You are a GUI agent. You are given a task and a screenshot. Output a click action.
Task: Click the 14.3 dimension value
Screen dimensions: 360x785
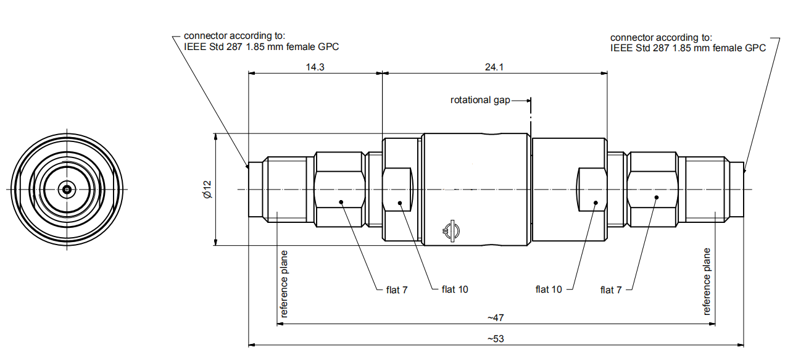click(x=315, y=67)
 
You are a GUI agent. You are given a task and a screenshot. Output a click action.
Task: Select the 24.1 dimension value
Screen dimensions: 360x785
click(x=494, y=67)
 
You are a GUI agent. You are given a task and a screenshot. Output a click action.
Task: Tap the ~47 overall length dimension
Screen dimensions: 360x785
click(x=496, y=318)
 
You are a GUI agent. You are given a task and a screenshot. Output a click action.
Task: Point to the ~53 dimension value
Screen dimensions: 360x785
click(x=496, y=339)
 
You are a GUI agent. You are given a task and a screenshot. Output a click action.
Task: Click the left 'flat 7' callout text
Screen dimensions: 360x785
click(x=397, y=289)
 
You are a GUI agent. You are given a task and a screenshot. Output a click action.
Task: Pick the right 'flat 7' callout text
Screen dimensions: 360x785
click(x=611, y=290)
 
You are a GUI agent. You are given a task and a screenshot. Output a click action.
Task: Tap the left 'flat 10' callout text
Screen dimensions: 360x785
click(x=455, y=289)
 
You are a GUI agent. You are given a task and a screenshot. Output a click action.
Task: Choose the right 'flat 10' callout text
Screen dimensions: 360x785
click(x=549, y=289)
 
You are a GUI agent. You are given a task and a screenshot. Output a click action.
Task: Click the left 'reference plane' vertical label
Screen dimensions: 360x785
click(x=284, y=283)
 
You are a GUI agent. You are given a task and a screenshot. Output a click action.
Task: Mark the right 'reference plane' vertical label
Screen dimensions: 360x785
click(x=707, y=282)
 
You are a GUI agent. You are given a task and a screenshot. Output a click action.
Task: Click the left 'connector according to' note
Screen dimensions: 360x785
click(x=261, y=41)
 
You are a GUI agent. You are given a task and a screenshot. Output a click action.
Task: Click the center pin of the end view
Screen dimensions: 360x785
click(x=66, y=189)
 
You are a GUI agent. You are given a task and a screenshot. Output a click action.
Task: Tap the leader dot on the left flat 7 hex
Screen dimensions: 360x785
click(x=341, y=201)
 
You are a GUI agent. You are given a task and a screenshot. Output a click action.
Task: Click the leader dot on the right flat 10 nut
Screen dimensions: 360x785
click(x=596, y=202)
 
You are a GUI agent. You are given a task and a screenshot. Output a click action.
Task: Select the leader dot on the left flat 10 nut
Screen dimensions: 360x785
click(x=400, y=202)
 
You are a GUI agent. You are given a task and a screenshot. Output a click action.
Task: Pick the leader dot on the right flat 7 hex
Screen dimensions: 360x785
click(x=656, y=198)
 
